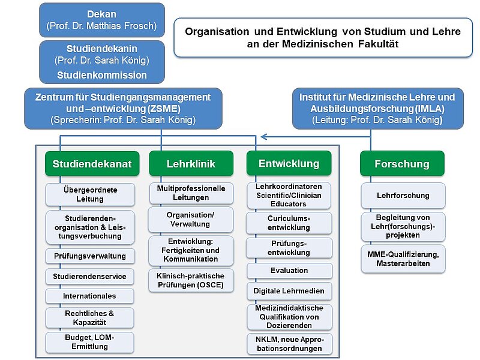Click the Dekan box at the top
click(x=101, y=19)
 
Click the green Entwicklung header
click(x=289, y=163)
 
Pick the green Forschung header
click(x=402, y=163)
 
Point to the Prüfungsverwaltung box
click(x=90, y=256)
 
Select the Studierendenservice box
click(x=90, y=276)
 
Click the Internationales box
click(x=90, y=296)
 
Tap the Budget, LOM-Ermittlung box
click(x=90, y=342)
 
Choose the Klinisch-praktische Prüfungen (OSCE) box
click(x=190, y=280)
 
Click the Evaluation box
click(x=289, y=271)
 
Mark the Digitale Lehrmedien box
click(x=289, y=291)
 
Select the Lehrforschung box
click(x=403, y=195)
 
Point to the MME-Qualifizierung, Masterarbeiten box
click(x=403, y=259)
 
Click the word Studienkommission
click(x=101, y=75)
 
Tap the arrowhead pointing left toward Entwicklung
click(x=262, y=136)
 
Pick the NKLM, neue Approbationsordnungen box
click(x=289, y=344)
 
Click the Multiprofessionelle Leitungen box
click(x=191, y=193)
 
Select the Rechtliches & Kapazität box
click(x=90, y=318)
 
